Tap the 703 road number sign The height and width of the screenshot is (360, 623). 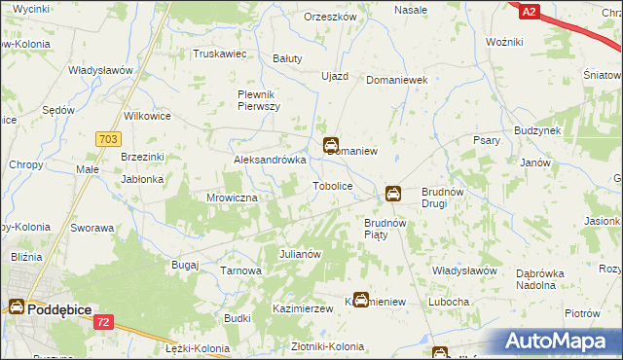(108, 140)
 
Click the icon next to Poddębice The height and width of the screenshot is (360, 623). (18, 307)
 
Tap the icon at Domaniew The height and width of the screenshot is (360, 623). (331, 144)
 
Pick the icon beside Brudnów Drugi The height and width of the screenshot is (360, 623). (393, 194)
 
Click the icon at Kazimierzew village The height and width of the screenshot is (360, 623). (361, 301)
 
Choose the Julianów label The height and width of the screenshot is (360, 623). (300, 254)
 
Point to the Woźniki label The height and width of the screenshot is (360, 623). (504, 43)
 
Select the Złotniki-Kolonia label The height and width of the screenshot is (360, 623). (318, 346)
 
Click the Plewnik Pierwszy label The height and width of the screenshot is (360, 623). (260, 99)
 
